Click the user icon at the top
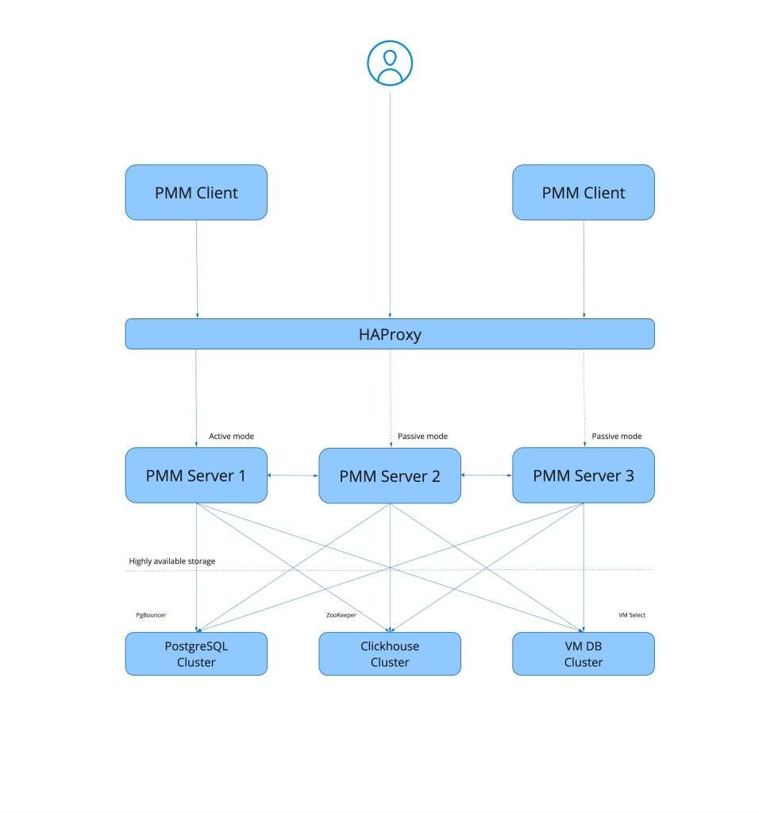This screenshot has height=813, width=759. tap(389, 63)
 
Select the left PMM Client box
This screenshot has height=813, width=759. tap(196, 192)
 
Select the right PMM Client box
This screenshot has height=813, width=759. tap(583, 192)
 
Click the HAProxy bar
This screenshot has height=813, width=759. tap(389, 334)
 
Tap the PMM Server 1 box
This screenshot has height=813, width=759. tap(196, 476)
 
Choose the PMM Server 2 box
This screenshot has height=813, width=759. tap(389, 476)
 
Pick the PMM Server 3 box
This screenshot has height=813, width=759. tap(583, 476)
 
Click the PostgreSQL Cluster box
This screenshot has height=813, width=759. tap(196, 653)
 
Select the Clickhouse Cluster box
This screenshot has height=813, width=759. tap(389, 653)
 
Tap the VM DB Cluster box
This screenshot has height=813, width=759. tap(583, 653)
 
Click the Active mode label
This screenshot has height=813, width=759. tap(231, 436)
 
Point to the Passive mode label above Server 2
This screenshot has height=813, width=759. tap(422, 436)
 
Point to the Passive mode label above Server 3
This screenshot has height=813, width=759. tap(616, 436)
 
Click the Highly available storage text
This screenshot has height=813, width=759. tap(172, 561)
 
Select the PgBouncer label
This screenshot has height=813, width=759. tap(151, 615)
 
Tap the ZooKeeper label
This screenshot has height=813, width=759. tap(341, 615)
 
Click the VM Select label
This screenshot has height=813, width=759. tap(632, 615)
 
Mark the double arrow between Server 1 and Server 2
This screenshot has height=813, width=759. tap(293, 476)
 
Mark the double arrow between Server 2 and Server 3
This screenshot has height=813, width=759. tap(486, 476)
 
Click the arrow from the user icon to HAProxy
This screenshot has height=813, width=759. tap(389, 206)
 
